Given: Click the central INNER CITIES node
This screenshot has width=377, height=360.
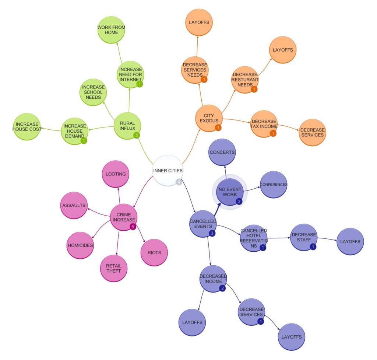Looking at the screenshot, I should click(x=168, y=170).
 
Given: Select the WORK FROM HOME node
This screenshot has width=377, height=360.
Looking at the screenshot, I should click(x=111, y=30).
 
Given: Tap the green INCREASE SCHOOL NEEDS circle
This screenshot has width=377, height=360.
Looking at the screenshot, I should click(x=94, y=92).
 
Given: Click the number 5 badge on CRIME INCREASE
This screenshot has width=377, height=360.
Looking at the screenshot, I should click(x=133, y=227).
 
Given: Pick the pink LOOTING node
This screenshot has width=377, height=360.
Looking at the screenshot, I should click(x=116, y=174).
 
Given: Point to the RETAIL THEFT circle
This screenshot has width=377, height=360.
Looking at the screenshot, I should click(x=114, y=268).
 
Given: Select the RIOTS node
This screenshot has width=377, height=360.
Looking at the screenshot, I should click(x=155, y=253).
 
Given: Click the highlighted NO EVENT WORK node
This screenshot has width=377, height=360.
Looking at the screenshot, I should click(x=230, y=192).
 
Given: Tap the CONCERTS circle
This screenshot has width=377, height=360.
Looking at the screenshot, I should click(x=222, y=152).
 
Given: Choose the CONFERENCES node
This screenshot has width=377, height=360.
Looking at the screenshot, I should click(x=273, y=184).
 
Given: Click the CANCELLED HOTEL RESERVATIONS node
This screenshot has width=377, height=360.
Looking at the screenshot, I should click(x=254, y=238).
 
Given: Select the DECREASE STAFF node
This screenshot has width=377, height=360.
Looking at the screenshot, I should click(x=303, y=237).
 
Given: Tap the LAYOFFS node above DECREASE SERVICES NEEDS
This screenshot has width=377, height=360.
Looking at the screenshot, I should click(x=198, y=22).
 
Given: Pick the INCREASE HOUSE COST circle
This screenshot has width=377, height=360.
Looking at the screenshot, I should click(x=26, y=127).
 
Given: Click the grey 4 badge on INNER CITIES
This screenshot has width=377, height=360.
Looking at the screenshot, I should click(x=179, y=182).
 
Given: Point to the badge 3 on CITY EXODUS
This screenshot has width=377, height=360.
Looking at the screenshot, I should click(x=218, y=128).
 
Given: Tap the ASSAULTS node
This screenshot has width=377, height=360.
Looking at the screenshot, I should click(x=73, y=205).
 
